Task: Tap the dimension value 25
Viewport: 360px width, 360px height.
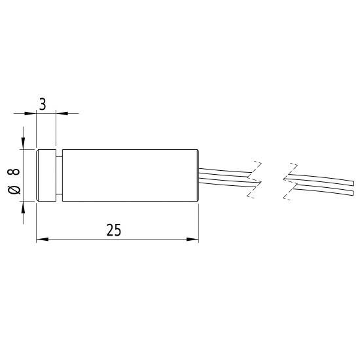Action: point(113,230)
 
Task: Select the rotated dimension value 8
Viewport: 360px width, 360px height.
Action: point(14,173)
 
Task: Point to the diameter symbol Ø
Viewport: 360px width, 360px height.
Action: point(14,189)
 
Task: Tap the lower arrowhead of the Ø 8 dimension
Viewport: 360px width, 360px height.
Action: point(24,206)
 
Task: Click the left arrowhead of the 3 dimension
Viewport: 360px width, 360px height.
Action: point(31,113)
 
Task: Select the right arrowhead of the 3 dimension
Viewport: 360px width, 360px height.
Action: point(60,113)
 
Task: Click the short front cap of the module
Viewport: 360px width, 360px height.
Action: point(46,175)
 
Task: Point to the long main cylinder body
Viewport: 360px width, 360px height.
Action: point(131,175)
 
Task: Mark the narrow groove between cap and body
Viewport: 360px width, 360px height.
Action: point(59,175)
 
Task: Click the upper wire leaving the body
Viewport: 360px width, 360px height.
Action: point(223,171)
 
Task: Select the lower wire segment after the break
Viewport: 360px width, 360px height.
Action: point(321,190)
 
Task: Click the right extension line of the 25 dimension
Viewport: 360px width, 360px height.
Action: point(198,223)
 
